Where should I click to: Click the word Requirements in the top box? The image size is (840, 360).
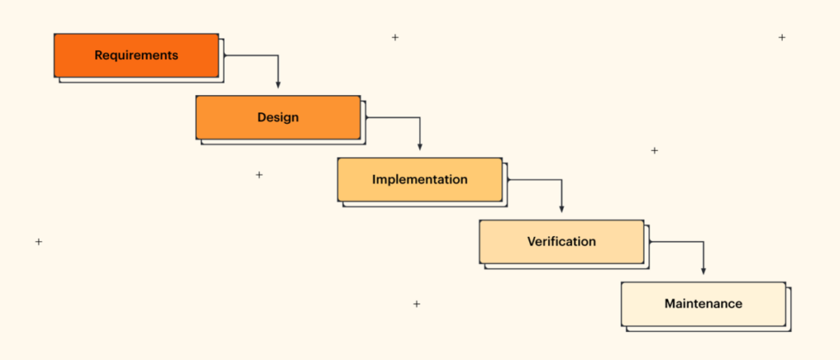point(136,56)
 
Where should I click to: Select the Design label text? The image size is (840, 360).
point(278,117)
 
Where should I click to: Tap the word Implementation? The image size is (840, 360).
point(420,180)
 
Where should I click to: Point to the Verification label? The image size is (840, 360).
point(562,242)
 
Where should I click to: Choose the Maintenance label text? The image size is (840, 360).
point(703,303)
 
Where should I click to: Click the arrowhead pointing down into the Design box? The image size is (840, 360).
point(278,84)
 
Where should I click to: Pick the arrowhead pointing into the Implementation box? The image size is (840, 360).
point(420,147)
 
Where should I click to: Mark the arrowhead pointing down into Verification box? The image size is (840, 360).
point(562,209)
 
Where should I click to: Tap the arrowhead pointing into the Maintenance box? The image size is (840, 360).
point(703,271)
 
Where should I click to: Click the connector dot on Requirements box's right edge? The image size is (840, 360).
point(224,56)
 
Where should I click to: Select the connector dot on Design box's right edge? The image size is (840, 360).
point(366,117)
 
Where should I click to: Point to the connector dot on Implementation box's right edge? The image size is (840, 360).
point(508,180)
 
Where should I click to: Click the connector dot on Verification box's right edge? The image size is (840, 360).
point(650,242)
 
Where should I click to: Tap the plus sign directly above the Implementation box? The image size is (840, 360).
point(395,37)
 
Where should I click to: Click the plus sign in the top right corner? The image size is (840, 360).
point(782,37)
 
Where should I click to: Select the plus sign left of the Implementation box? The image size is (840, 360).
point(259,175)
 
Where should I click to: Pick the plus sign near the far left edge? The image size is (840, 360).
point(39,242)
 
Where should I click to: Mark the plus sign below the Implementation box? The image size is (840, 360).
point(417,304)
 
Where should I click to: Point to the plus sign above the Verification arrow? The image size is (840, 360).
point(654,151)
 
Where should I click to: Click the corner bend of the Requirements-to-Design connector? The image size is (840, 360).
point(278,56)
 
